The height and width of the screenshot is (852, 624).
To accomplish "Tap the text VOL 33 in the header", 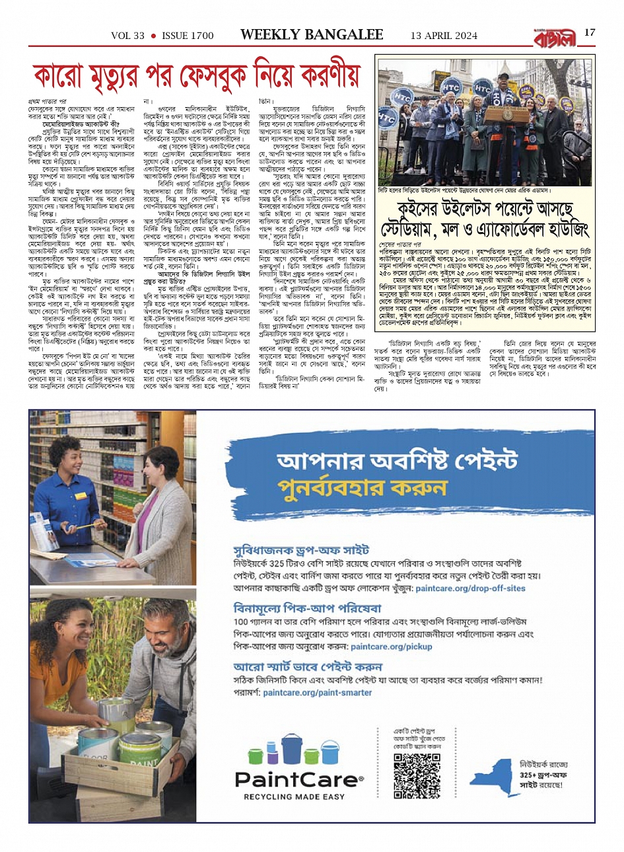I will click(x=127, y=36).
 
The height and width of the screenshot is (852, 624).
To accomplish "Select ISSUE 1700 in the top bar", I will click(x=188, y=36).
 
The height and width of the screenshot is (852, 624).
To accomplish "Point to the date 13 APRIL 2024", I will click(x=443, y=36).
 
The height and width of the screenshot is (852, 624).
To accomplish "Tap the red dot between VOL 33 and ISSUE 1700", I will click(x=153, y=36).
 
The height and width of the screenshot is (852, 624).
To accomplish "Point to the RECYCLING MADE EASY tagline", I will click(x=294, y=796).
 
